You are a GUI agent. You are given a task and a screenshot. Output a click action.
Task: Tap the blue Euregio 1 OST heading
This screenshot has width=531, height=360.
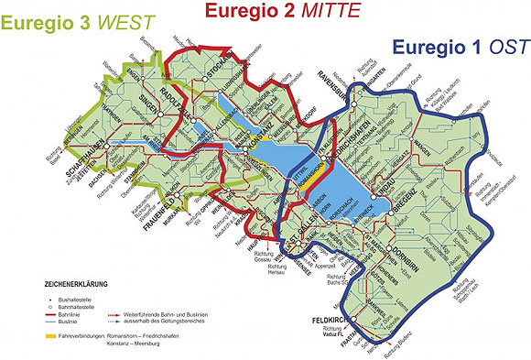[x=457, y=47]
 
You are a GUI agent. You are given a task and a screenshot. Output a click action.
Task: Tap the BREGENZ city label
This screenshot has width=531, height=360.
[x=395, y=212]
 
